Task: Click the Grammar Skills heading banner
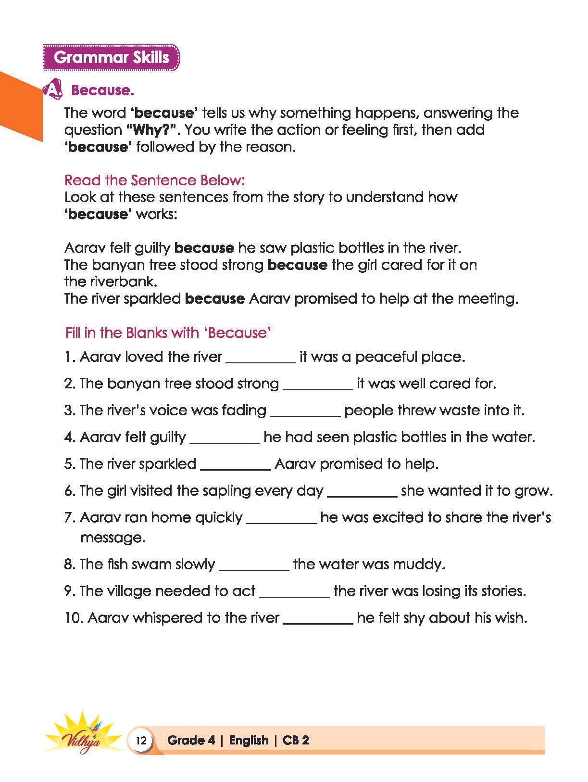(x=111, y=57)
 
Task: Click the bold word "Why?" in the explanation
(x=152, y=130)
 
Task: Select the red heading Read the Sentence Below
(x=155, y=180)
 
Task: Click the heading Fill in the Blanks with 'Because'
(x=168, y=333)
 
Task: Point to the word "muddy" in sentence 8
(x=417, y=564)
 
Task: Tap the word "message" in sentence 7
(x=112, y=537)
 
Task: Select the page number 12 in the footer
(x=141, y=740)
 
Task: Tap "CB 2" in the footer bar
(x=296, y=740)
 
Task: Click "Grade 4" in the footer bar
(x=191, y=740)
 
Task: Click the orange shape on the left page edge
(x=19, y=103)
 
